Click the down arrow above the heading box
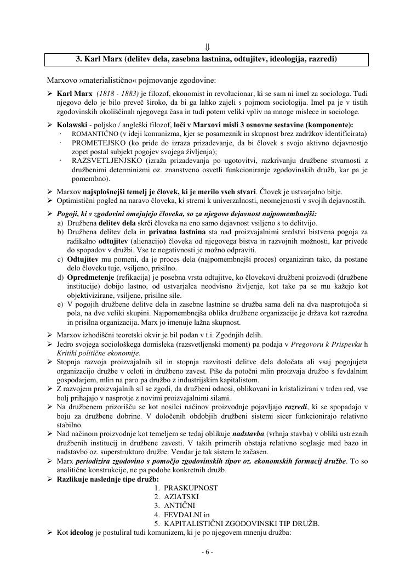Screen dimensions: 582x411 (x=208, y=46)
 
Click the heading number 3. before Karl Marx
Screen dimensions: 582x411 (x=78, y=59)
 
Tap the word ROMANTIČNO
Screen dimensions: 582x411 (x=95, y=134)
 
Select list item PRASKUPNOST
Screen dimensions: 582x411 (x=191, y=487)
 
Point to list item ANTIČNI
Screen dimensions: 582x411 (x=179, y=505)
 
